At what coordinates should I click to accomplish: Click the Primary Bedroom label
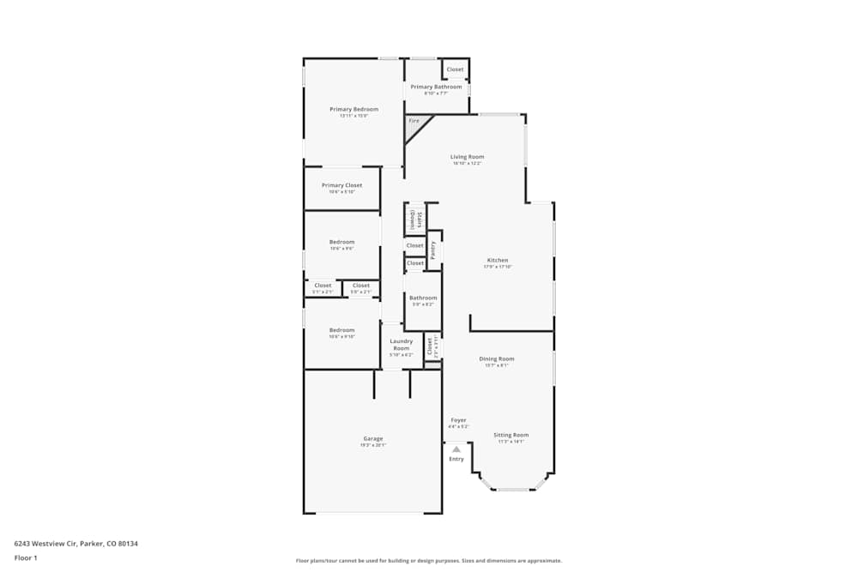pos(353,109)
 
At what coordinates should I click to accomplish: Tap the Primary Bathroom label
pos(436,87)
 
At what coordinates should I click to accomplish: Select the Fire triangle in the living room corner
pos(414,123)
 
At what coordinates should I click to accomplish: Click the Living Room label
pos(468,157)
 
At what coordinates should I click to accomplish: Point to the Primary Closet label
pos(341,185)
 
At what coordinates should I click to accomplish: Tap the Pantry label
pos(433,249)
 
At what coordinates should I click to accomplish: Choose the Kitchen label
pos(498,260)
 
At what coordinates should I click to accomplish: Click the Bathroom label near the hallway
pos(423,298)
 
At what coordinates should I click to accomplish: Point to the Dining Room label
pos(496,358)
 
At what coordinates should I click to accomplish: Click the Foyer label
pos(458,420)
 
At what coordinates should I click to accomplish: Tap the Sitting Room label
pos(511,435)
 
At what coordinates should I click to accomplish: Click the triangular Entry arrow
pos(456,449)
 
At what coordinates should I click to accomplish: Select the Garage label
pos(372,438)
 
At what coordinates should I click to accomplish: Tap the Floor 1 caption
pos(26,557)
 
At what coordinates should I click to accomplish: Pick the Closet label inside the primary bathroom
pos(455,69)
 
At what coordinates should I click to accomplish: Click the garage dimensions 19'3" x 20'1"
pos(372,445)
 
